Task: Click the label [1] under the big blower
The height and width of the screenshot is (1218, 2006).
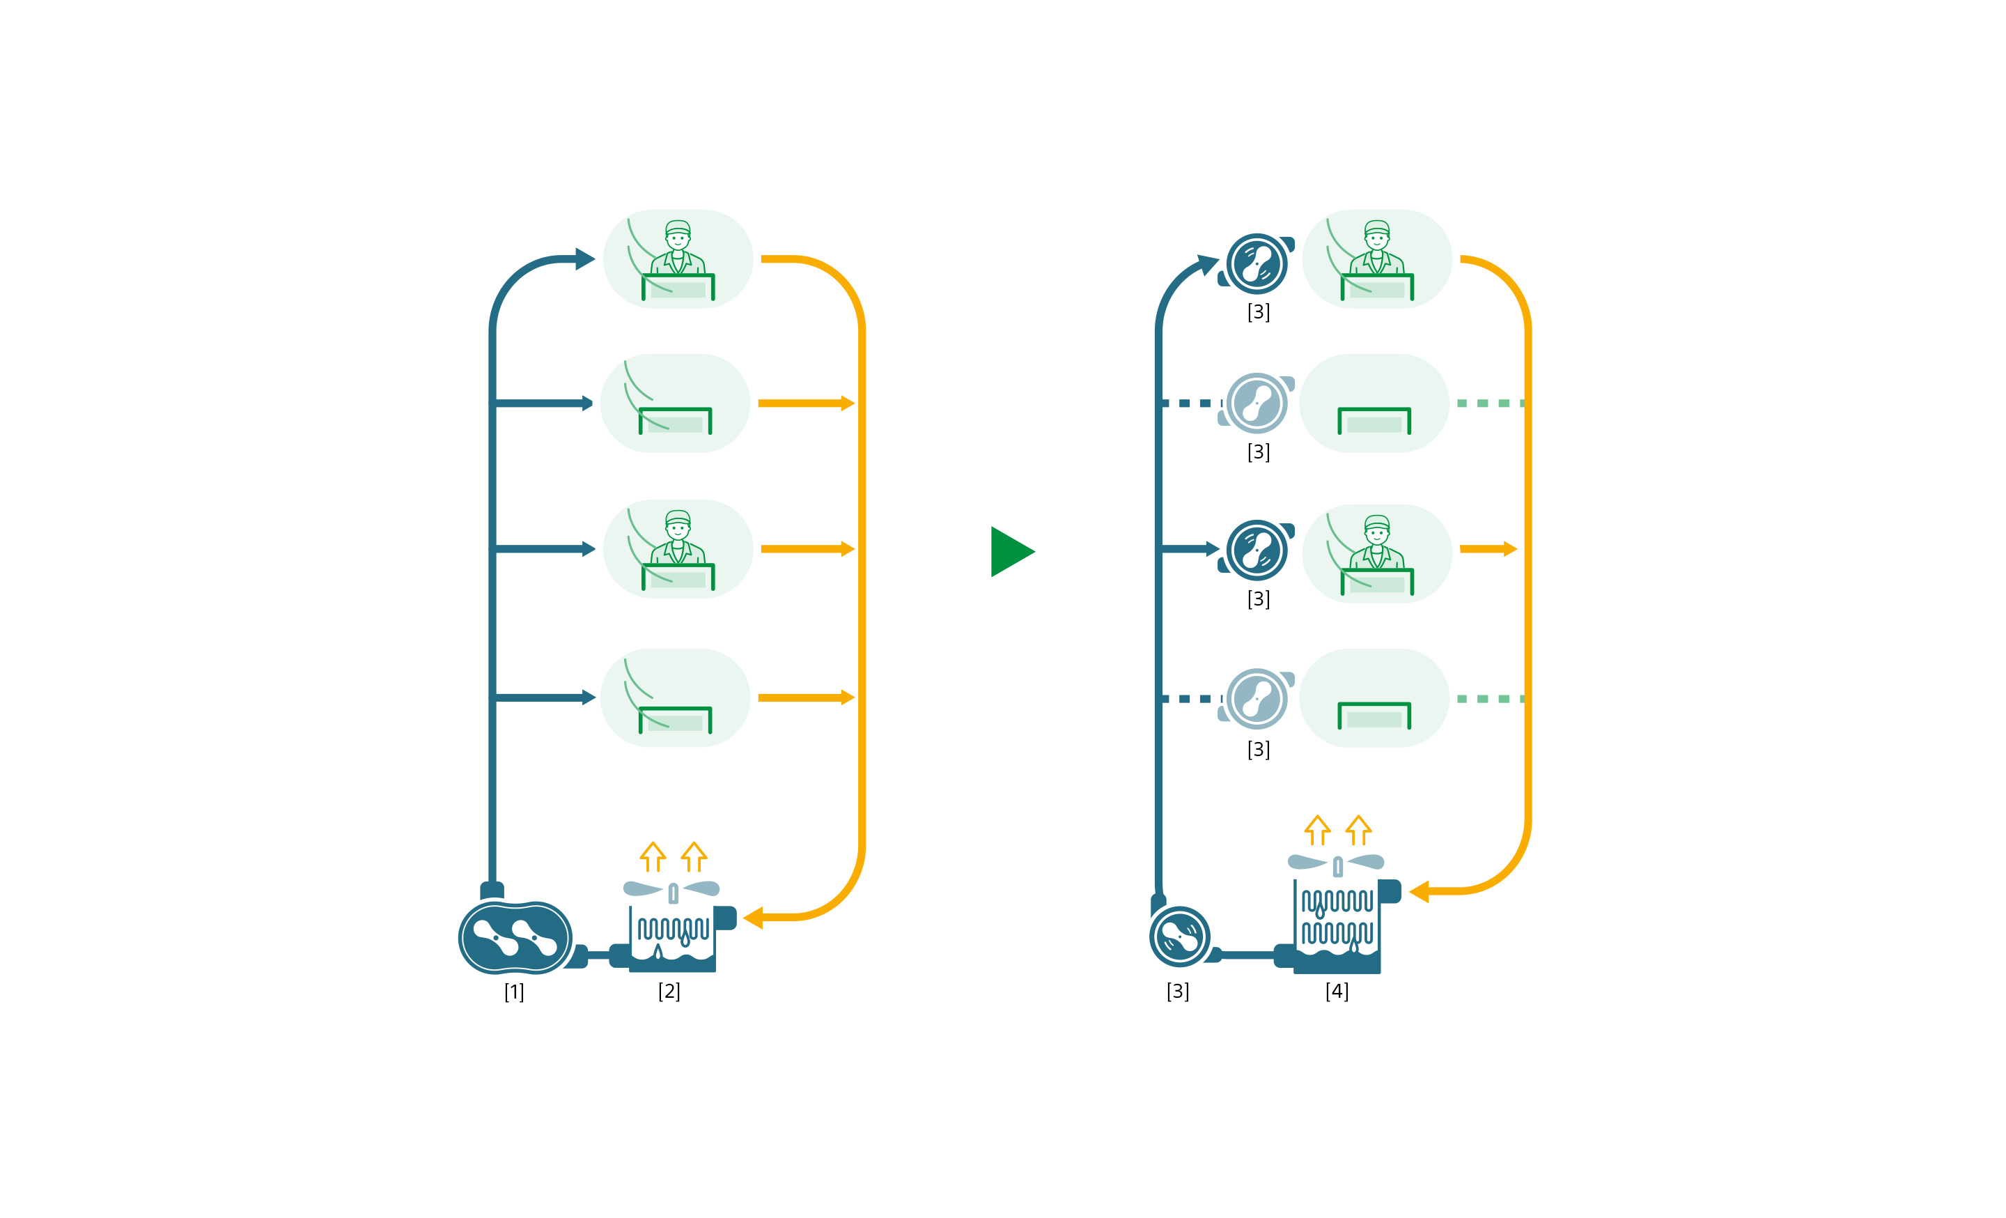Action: [x=514, y=992]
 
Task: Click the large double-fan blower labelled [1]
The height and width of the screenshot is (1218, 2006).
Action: [x=515, y=937]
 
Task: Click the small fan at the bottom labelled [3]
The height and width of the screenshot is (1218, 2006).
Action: [x=1179, y=936]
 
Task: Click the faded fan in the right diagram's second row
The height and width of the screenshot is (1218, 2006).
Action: [x=1257, y=403]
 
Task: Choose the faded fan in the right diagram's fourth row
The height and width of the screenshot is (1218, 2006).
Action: [x=1257, y=699]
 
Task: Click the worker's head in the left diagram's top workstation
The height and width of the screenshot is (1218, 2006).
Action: [x=677, y=236]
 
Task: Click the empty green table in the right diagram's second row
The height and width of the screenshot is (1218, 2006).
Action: [x=1374, y=420]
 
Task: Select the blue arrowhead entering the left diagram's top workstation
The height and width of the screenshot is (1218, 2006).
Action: [x=584, y=259]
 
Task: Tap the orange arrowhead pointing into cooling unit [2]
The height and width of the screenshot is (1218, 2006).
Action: [x=753, y=918]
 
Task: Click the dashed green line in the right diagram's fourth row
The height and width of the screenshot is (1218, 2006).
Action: [x=1489, y=699]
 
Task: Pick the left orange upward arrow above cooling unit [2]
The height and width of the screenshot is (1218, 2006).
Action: [x=653, y=856]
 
